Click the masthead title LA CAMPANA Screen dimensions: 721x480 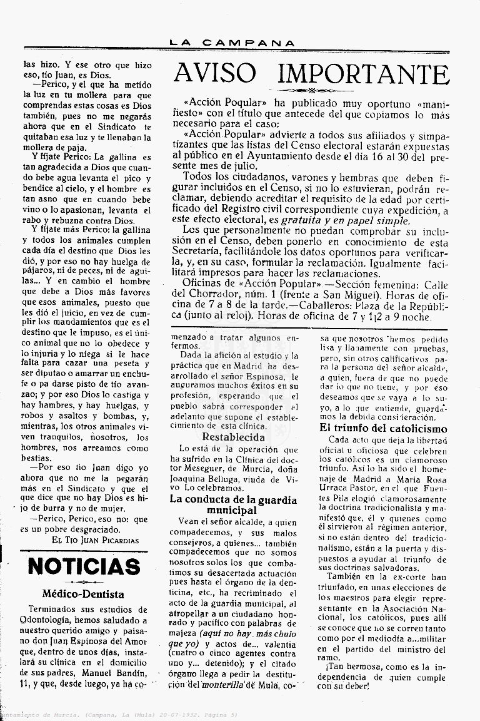coord(232,43)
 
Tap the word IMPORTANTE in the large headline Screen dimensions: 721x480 coord(362,74)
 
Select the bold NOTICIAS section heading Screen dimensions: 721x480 coord(84,566)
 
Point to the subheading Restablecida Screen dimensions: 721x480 coord(234,437)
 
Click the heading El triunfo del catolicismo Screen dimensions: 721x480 coord(383,429)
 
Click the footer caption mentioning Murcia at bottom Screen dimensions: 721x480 coord(119,714)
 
